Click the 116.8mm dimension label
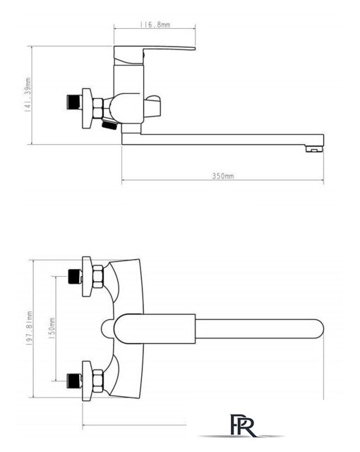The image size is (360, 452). [155, 25]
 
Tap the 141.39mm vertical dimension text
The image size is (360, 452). [28, 94]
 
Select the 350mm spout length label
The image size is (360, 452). [223, 176]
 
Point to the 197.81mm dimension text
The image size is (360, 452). [30, 328]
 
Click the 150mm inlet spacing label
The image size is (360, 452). [52, 328]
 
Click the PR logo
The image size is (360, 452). [244, 425]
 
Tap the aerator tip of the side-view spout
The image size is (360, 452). [314, 148]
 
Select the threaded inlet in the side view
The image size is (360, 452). [73, 102]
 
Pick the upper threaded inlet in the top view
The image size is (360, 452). [75, 276]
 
